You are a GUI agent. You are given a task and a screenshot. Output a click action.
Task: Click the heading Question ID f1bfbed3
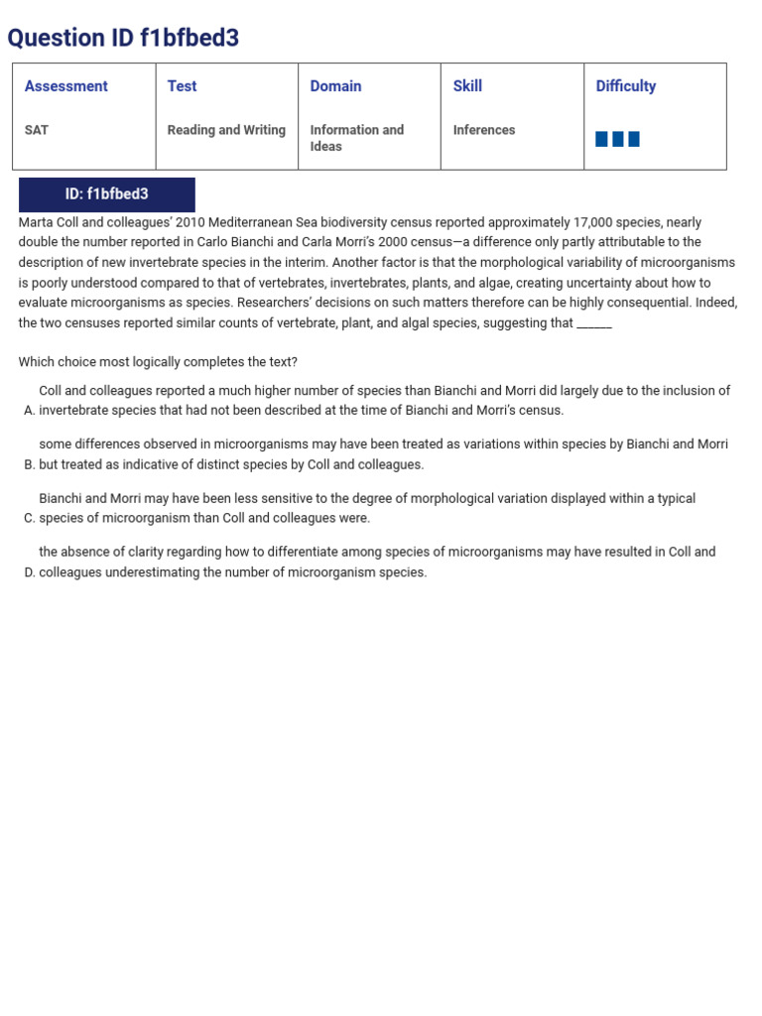point(123,38)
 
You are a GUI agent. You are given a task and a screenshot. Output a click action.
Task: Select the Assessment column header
point(65,86)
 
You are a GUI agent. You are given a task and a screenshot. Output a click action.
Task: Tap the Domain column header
point(335,86)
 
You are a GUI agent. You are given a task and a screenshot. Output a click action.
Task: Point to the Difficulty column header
point(625,86)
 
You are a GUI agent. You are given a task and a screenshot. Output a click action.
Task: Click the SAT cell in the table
point(37,130)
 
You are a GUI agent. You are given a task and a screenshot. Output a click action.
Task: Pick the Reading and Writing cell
point(226,130)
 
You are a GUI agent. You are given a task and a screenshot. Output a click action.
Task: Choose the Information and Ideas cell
point(356,138)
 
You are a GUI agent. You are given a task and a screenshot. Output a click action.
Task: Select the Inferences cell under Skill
point(484,130)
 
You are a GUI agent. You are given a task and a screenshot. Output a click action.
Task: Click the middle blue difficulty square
point(618,139)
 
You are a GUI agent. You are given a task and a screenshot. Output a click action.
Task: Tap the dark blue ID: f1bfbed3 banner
point(107,194)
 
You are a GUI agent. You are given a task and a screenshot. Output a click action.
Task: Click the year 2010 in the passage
point(190,222)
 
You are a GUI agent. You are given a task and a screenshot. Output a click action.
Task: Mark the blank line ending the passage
point(594,324)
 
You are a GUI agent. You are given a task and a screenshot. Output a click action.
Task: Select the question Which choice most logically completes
point(158,362)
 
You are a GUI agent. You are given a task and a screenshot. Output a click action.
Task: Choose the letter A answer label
point(29,411)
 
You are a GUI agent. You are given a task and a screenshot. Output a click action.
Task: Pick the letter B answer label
point(29,464)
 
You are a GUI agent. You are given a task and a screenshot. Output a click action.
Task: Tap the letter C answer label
point(29,518)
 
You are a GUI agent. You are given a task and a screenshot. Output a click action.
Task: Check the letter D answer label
point(29,572)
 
